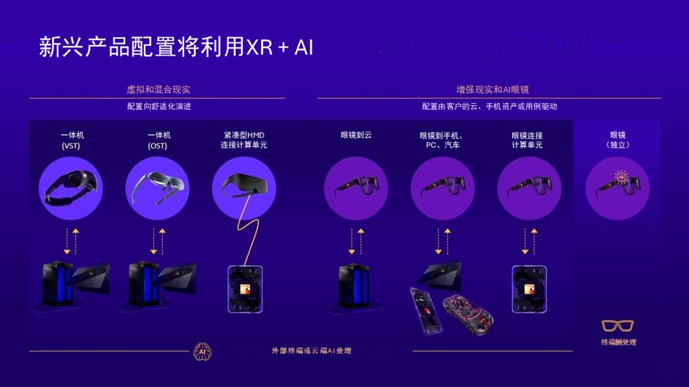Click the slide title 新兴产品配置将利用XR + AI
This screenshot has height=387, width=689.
(x=176, y=47)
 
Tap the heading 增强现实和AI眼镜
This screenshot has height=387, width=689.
(x=488, y=90)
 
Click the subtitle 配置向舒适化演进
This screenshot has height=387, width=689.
(x=158, y=107)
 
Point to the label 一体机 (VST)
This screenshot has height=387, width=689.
(x=72, y=140)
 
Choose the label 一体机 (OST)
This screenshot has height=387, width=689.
(x=159, y=140)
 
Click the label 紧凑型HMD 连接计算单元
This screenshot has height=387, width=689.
(x=245, y=140)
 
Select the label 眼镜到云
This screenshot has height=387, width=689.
(x=356, y=135)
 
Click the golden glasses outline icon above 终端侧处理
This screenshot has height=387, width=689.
(x=618, y=326)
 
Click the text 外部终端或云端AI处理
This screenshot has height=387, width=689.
(x=311, y=351)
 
